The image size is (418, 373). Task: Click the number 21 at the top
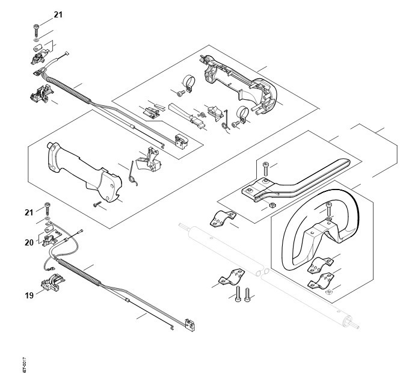(x=57, y=14)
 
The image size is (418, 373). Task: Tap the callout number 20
(x=28, y=243)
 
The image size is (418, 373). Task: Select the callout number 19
(x=28, y=295)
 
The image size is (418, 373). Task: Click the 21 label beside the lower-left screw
(x=28, y=212)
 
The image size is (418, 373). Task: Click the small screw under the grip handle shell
(x=96, y=205)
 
